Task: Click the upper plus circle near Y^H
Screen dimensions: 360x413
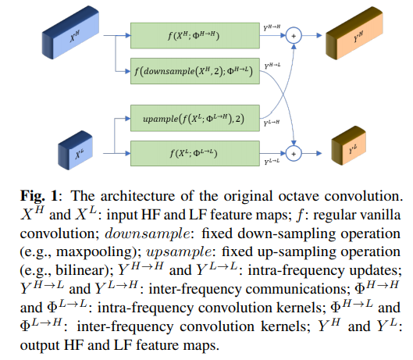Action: coord(294,35)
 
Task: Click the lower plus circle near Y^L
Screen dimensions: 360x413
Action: coord(294,152)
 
